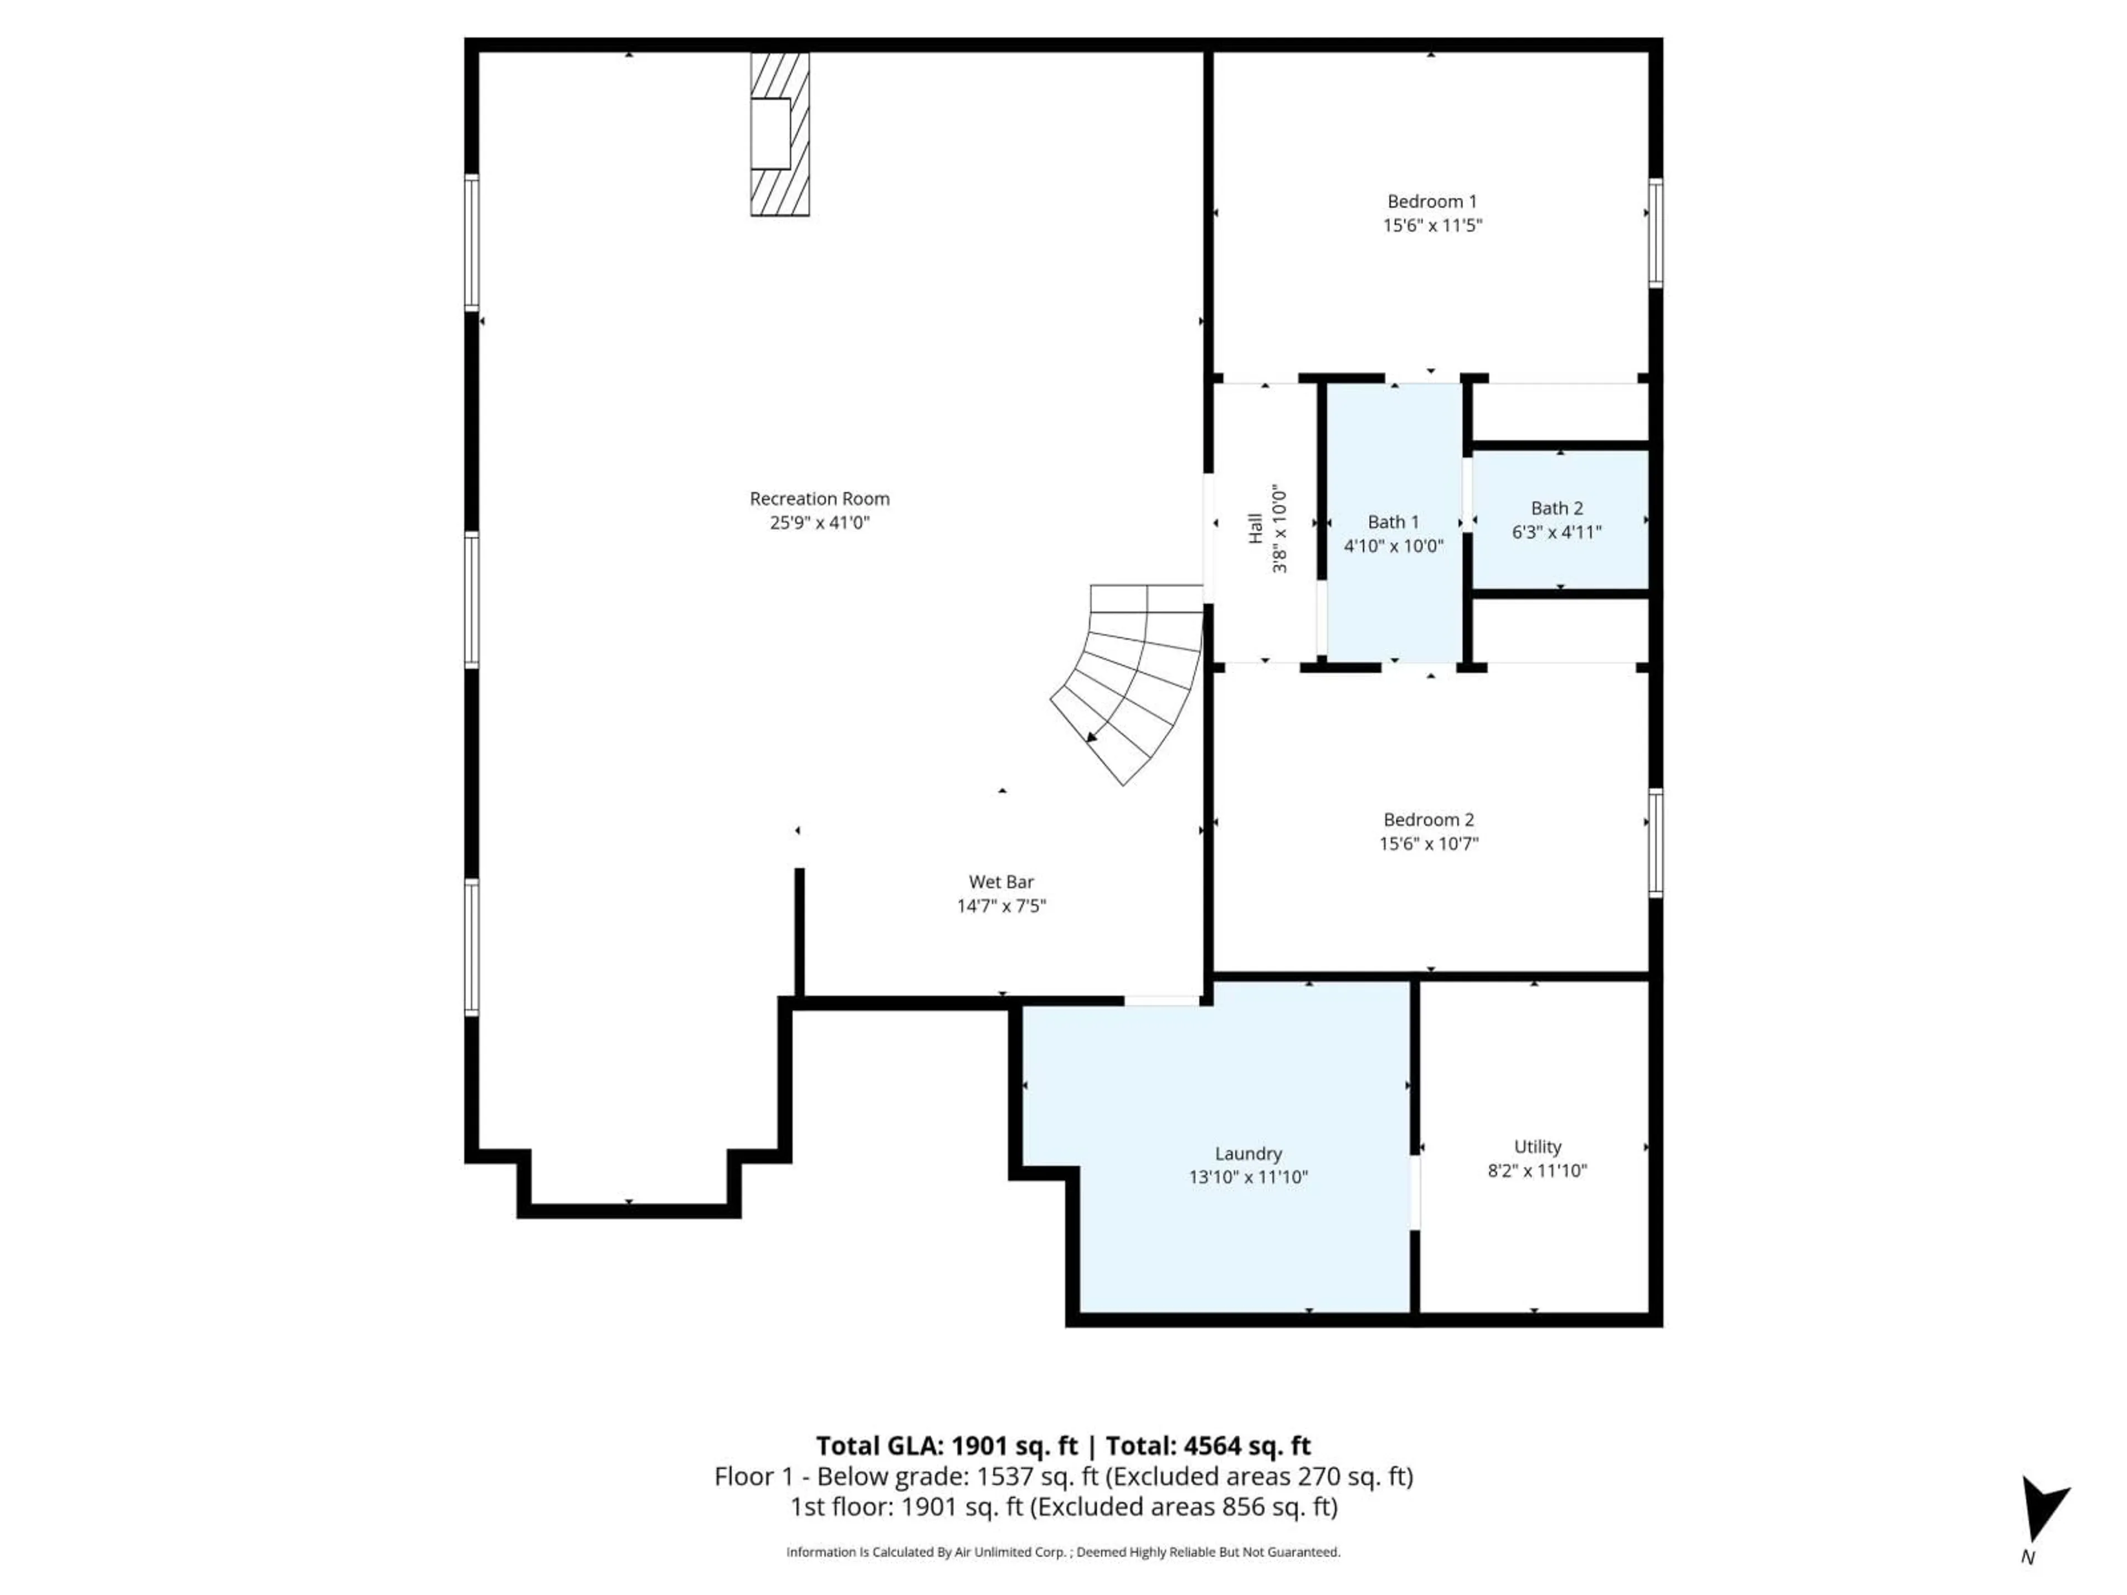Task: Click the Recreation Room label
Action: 819,498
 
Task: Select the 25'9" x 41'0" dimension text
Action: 819,523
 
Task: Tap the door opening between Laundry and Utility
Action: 1415,1192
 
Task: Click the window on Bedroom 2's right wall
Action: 1655,842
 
